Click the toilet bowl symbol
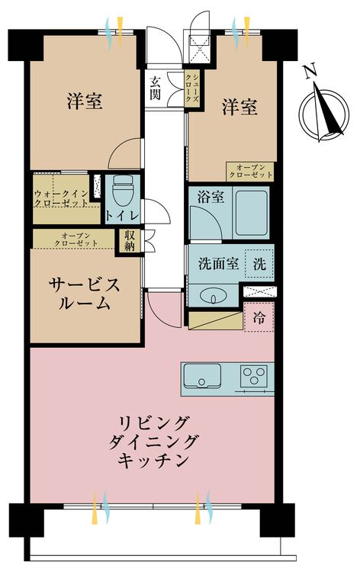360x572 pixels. click(123, 191)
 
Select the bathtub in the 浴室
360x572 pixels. click(251, 213)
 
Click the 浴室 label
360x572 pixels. click(211, 198)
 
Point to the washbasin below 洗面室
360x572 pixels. click(214, 295)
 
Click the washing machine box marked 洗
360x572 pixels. click(259, 264)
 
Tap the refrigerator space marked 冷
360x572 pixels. click(259, 317)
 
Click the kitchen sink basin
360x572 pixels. click(202, 376)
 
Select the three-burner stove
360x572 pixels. click(254, 376)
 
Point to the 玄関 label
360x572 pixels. click(156, 88)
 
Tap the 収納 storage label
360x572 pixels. click(129, 240)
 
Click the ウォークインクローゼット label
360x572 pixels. click(61, 199)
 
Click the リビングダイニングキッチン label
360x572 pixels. click(153, 442)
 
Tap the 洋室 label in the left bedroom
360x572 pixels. click(84, 101)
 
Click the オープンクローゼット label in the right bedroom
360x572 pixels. click(250, 172)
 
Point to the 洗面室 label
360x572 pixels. click(218, 264)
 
